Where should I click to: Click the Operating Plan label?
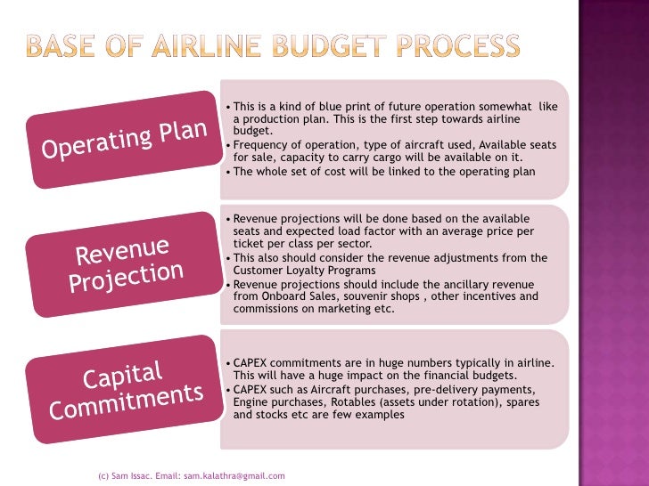coord(126,140)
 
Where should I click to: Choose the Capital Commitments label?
coord(126,389)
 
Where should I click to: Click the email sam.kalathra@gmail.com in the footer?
coord(234,476)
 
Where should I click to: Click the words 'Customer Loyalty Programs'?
coord(304,270)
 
